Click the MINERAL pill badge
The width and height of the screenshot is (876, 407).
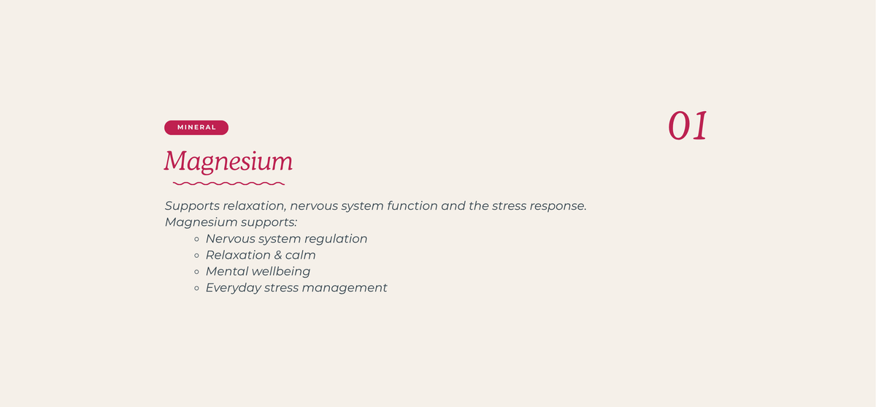coord(196,128)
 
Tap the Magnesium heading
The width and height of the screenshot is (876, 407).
coord(228,161)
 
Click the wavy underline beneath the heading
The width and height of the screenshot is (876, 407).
coord(228,183)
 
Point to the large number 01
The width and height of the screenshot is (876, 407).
coord(688,126)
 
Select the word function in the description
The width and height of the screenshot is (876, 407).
coord(412,206)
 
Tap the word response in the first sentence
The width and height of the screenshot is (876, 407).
coord(558,207)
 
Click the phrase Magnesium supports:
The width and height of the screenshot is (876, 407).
coord(231,222)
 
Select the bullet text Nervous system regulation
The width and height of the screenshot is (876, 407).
coord(287,239)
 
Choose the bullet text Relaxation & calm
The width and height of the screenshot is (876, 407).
coord(261,255)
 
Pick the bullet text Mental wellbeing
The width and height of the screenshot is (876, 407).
coord(258,272)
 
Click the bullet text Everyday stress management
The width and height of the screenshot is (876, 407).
coord(296,288)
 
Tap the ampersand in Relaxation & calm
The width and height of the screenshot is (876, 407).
coord(277,255)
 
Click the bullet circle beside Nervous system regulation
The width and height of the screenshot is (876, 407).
coord(196,239)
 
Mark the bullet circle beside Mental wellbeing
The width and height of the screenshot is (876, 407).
coord(196,272)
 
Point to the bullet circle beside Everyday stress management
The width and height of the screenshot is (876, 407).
coord(196,289)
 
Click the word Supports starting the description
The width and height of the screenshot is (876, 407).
coord(192,206)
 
